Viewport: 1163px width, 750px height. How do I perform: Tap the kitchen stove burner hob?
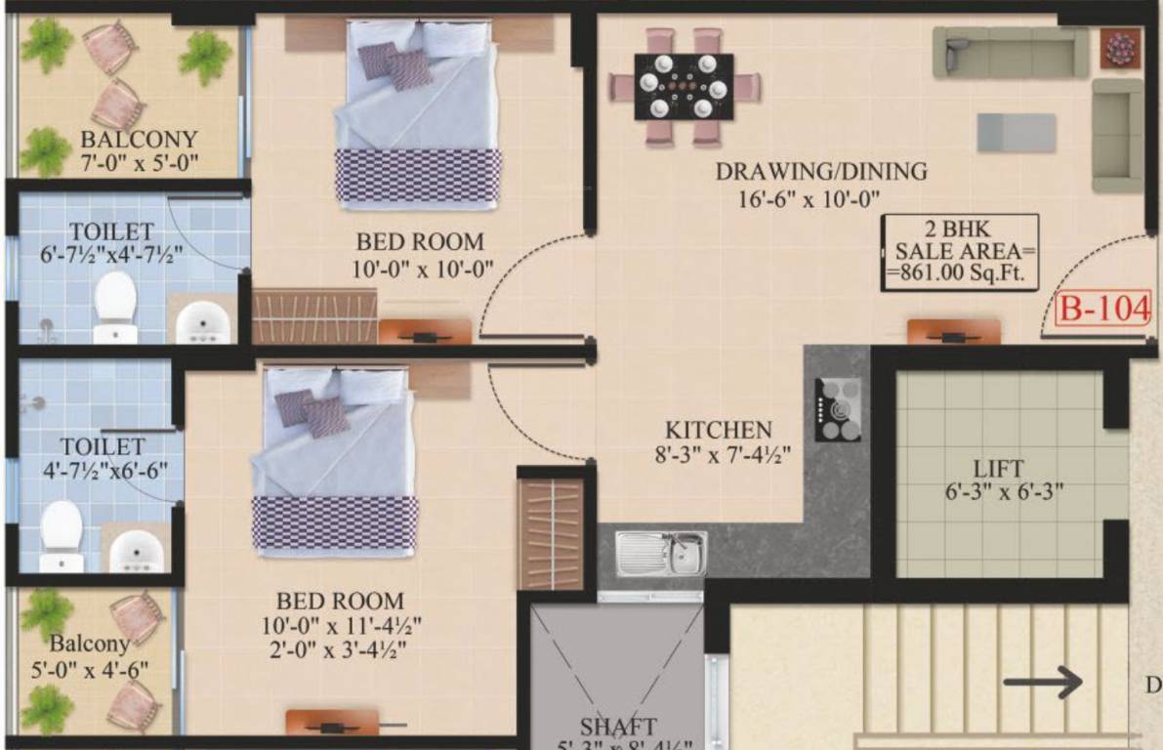(x=839, y=409)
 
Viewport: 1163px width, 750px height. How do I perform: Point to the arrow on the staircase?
(x=1043, y=682)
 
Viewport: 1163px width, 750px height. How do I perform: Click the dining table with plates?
(x=684, y=87)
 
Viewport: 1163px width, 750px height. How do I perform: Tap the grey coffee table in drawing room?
(x=1017, y=133)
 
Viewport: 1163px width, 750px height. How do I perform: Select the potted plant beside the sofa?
(x=1121, y=48)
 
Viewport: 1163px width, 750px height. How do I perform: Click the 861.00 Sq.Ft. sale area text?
(x=957, y=274)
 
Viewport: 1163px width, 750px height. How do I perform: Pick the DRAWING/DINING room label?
(x=821, y=172)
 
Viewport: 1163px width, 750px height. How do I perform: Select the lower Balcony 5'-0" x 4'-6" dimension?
(x=89, y=671)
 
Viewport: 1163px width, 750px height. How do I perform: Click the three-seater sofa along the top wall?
(x=1009, y=52)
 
